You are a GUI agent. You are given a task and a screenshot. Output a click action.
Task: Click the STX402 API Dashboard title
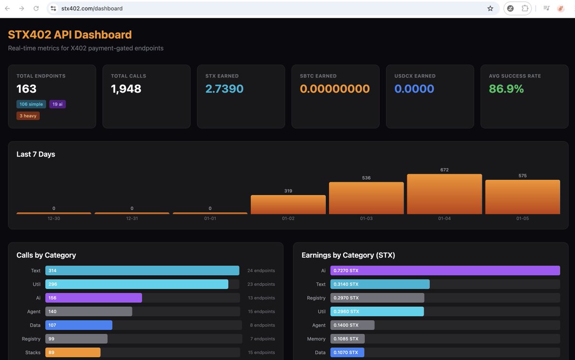[x=70, y=35]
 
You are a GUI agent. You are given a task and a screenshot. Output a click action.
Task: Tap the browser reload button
[x=36, y=9]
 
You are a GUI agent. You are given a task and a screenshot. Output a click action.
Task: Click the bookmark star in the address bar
[x=490, y=9]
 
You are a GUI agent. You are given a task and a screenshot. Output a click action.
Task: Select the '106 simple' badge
[x=31, y=104]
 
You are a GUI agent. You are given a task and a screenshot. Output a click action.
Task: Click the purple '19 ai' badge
[x=57, y=104]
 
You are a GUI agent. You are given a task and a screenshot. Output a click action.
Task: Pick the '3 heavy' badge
[x=28, y=116]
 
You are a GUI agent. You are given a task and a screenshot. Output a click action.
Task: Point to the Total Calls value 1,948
[x=126, y=89]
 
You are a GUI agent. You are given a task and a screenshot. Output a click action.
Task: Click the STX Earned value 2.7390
[x=224, y=89]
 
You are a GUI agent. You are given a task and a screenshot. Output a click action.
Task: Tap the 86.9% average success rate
[x=506, y=89]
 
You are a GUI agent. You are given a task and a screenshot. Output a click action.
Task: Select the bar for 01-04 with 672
[x=444, y=194]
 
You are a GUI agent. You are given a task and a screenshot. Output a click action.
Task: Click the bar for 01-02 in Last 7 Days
[x=288, y=205]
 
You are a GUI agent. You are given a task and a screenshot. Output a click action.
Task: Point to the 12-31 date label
[x=132, y=219]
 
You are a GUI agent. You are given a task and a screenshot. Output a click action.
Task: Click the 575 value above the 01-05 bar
[x=522, y=176]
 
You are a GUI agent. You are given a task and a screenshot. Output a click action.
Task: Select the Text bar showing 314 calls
[x=142, y=271]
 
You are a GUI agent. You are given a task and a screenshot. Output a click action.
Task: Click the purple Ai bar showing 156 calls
[x=93, y=298]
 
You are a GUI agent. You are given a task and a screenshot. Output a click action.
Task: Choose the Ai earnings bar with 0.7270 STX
[x=445, y=271]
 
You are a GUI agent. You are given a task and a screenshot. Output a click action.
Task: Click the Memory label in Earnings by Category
[x=316, y=339]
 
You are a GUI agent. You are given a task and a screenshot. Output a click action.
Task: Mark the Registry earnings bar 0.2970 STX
[x=377, y=298]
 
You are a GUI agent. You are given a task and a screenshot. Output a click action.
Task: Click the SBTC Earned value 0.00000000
[x=335, y=89]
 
